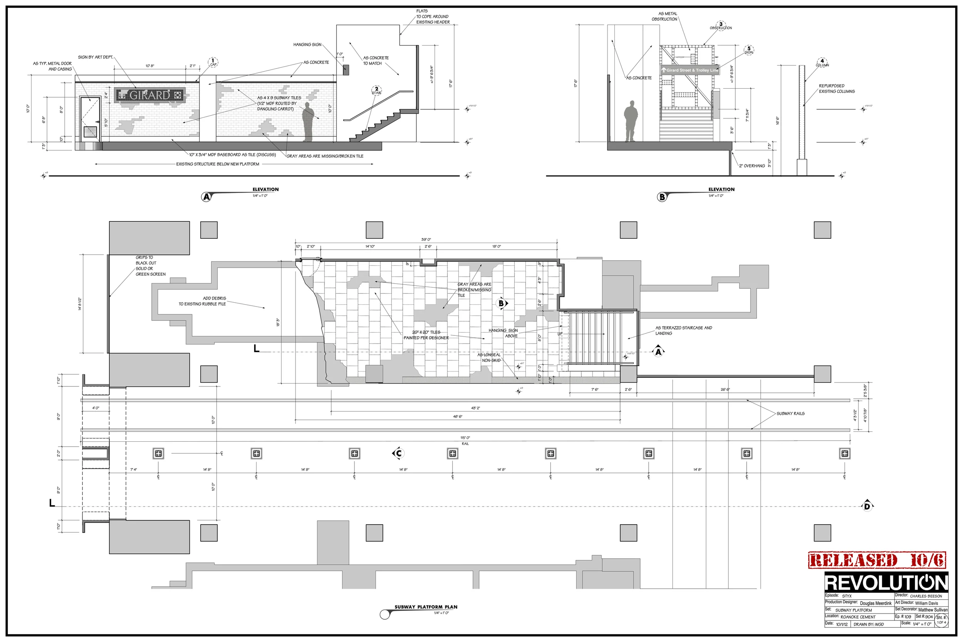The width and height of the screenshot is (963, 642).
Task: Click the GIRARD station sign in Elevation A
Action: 150,95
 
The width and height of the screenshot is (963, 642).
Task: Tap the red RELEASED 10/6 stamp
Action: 877,560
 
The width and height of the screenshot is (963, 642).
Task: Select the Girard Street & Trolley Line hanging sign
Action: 690,70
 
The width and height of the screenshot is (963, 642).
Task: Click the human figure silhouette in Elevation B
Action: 631,121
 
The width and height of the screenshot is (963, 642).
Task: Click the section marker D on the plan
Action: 867,506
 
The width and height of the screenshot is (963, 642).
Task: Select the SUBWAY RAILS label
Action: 790,414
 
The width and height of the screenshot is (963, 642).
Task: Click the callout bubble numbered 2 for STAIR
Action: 376,89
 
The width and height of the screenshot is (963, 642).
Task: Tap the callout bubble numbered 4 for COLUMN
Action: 822,62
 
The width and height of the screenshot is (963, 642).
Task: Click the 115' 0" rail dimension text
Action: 465,437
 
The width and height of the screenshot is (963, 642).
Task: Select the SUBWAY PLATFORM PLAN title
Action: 426,607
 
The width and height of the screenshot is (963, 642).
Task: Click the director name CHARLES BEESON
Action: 926,596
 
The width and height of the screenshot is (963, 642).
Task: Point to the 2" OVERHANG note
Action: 752,166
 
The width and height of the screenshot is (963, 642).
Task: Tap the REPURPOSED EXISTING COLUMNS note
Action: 837,89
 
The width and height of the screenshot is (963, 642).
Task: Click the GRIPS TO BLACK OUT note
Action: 150,266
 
